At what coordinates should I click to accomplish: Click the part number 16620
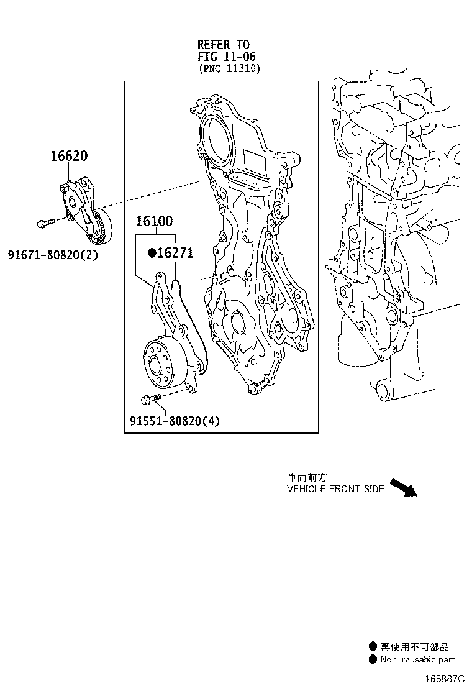[x=69, y=157]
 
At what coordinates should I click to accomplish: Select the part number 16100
[x=155, y=221]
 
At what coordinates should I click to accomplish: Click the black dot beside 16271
[x=151, y=253]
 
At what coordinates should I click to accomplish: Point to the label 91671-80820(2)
[x=53, y=254]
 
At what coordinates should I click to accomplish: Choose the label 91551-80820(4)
[x=175, y=421]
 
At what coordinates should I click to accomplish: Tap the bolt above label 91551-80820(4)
[x=150, y=398]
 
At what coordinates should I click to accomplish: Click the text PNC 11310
[x=229, y=69]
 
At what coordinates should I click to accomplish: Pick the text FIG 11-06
[x=224, y=57]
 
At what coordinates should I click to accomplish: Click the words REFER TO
[x=223, y=44]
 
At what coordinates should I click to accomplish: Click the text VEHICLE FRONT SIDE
[x=335, y=489]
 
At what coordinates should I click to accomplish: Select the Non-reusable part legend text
[x=417, y=659]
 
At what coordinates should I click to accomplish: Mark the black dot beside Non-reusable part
[x=373, y=659]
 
